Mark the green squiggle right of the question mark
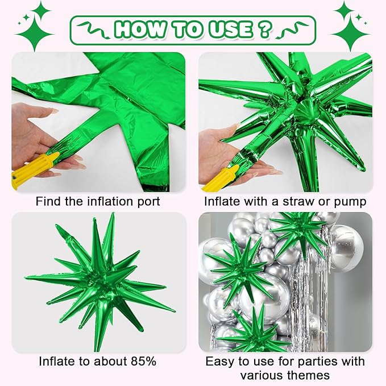click(x=290, y=27)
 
